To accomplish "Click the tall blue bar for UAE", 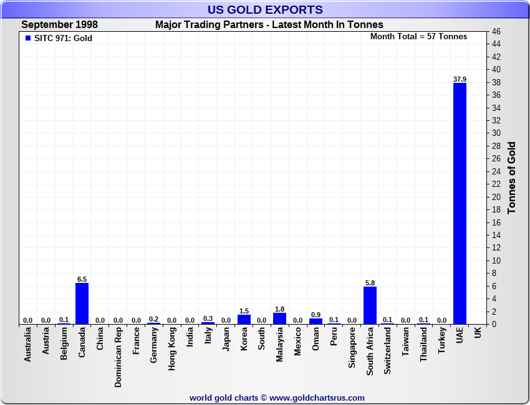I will pos(460,203).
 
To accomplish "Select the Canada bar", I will pos(82,303).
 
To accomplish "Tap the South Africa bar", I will pos(370,305).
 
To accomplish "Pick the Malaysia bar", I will pos(279,318).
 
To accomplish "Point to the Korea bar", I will pos(244,319).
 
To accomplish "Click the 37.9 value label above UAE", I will pos(460,79).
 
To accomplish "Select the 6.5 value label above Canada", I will pos(82,279).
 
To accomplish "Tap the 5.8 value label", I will pos(370,283).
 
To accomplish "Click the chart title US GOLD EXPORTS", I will pos(265,9).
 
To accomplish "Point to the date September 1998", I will pos(59,25).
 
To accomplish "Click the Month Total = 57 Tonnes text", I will pos(418,37).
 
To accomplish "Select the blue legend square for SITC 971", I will pos(28,38).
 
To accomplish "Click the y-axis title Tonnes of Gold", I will pos(512,178).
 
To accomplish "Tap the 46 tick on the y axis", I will pos(496,31).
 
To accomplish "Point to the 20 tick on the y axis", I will pos(496,197).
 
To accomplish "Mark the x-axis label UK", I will pos(478,333).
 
